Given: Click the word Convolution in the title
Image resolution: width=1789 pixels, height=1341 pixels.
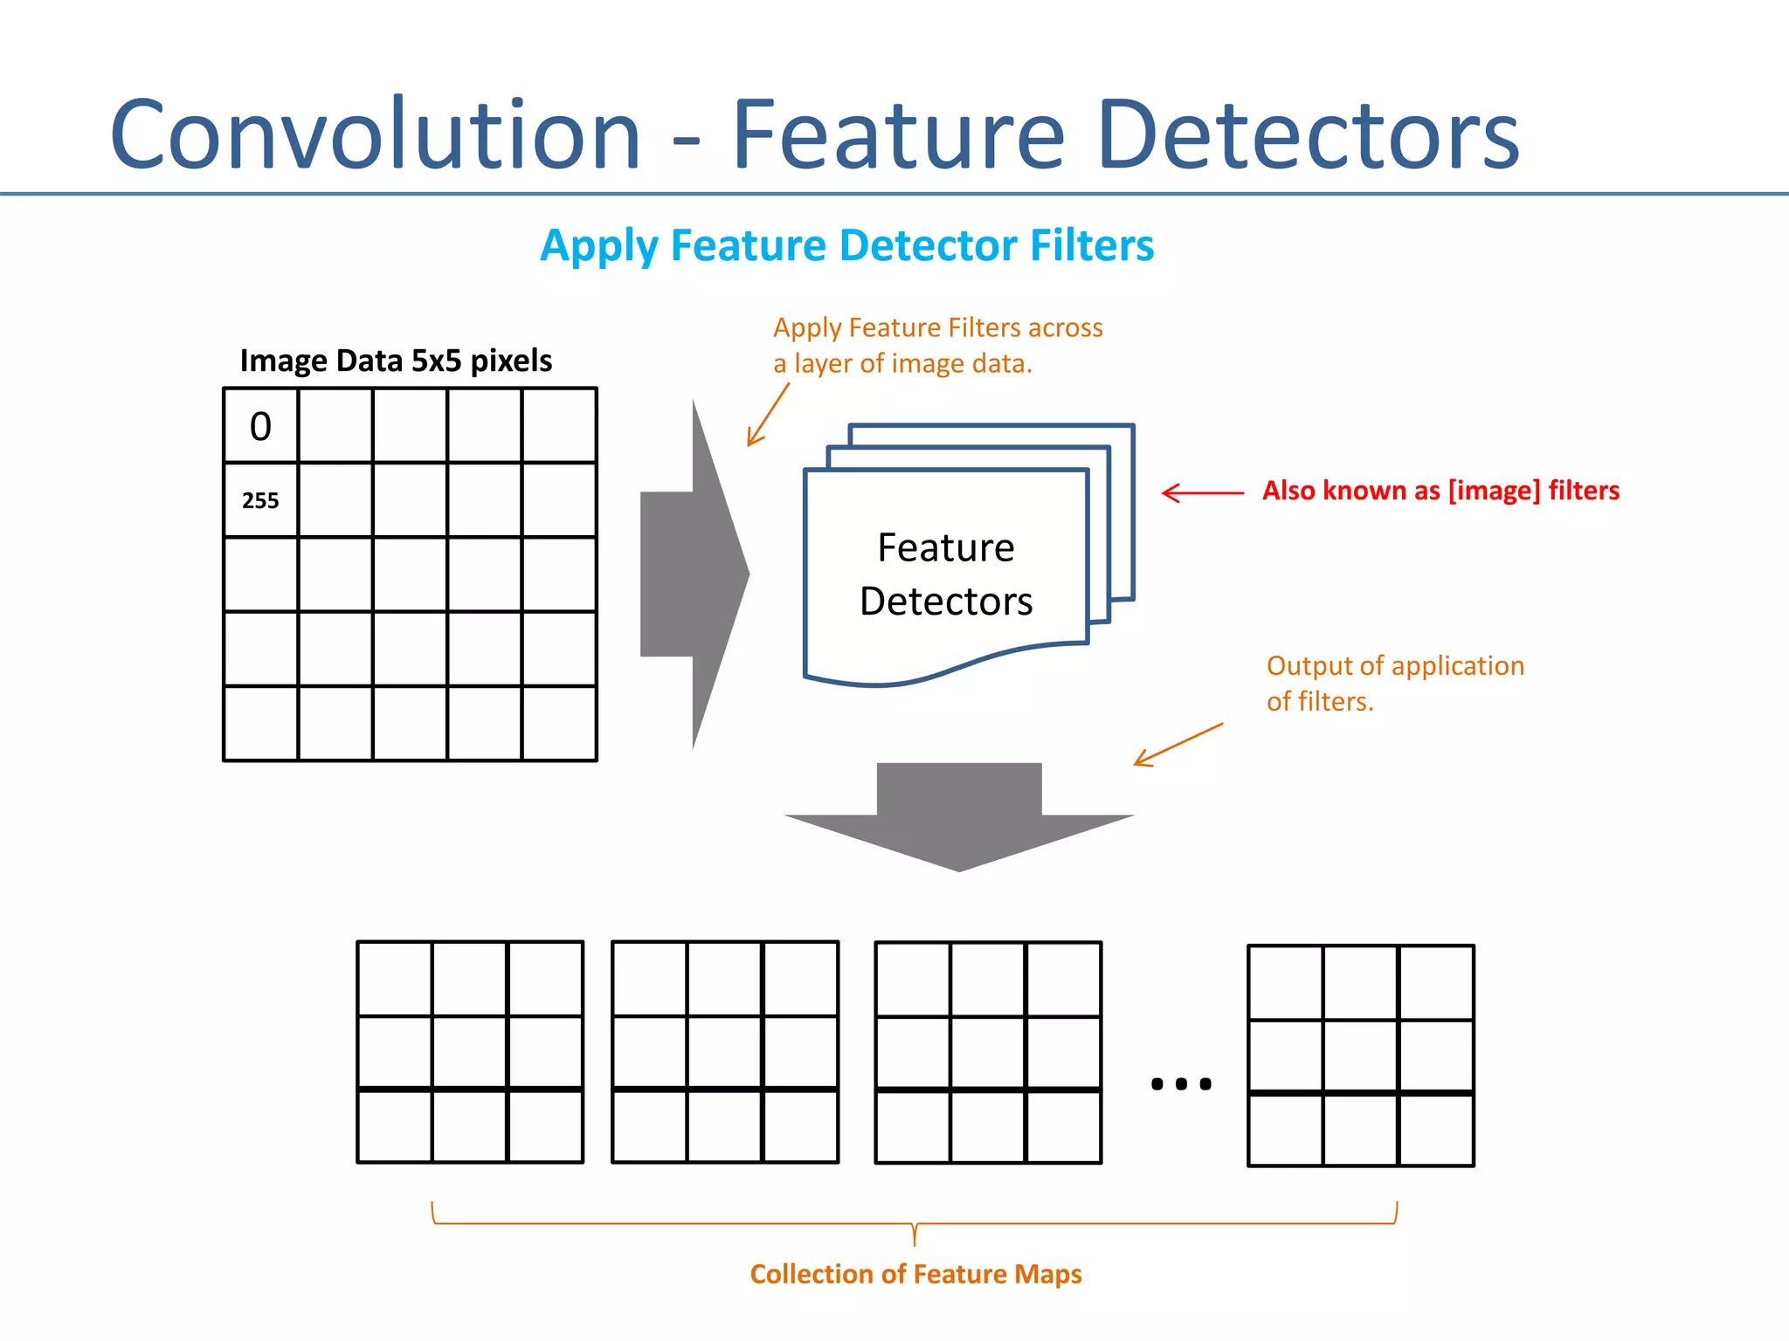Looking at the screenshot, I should click(x=376, y=135).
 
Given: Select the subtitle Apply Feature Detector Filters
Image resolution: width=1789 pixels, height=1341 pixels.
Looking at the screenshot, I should click(x=846, y=245).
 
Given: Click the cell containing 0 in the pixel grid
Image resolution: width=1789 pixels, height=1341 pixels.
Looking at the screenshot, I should click(x=260, y=426).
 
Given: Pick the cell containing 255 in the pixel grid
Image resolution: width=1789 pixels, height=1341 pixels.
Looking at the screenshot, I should click(x=260, y=500).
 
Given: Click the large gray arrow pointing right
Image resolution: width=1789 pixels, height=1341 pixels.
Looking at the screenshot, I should click(x=694, y=574).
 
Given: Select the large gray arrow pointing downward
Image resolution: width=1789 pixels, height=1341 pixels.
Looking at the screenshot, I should click(x=959, y=816).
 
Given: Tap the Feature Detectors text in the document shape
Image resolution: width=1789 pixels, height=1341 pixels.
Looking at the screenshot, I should click(x=946, y=574).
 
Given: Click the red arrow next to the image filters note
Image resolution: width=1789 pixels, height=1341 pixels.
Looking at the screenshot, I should click(x=1202, y=492).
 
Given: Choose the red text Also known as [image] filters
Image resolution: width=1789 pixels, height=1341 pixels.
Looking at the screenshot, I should click(x=1440, y=491).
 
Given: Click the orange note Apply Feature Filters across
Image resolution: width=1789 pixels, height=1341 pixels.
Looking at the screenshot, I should click(x=937, y=328).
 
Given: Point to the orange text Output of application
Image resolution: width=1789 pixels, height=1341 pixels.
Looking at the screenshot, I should click(x=1395, y=666).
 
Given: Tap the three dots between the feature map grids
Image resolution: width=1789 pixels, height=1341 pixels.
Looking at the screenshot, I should click(x=1181, y=1083).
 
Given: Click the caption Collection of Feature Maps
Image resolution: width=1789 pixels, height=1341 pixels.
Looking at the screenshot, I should click(x=915, y=1274).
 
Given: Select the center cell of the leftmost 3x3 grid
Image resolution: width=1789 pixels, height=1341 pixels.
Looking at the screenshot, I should click(x=470, y=1052).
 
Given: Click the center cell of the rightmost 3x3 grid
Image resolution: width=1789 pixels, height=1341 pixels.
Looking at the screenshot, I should click(x=1360, y=1056).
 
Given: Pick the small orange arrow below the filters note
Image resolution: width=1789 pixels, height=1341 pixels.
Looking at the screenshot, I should click(x=767, y=416).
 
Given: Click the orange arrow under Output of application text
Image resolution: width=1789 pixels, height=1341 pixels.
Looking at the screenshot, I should click(x=1178, y=745).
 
